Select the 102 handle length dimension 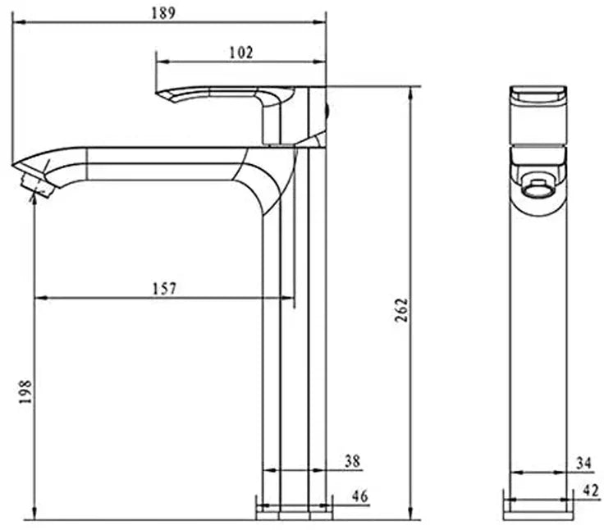(x=240, y=53)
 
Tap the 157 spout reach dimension (x=164, y=288)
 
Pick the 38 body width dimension (x=352, y=462)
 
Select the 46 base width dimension (x=359, y=496)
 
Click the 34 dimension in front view (x=583, y=464)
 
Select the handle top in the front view (x=538, y=94)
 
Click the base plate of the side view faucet (x=295, y=512)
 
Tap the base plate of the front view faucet (x=538, y=513)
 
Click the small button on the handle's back (x=328, y=107)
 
